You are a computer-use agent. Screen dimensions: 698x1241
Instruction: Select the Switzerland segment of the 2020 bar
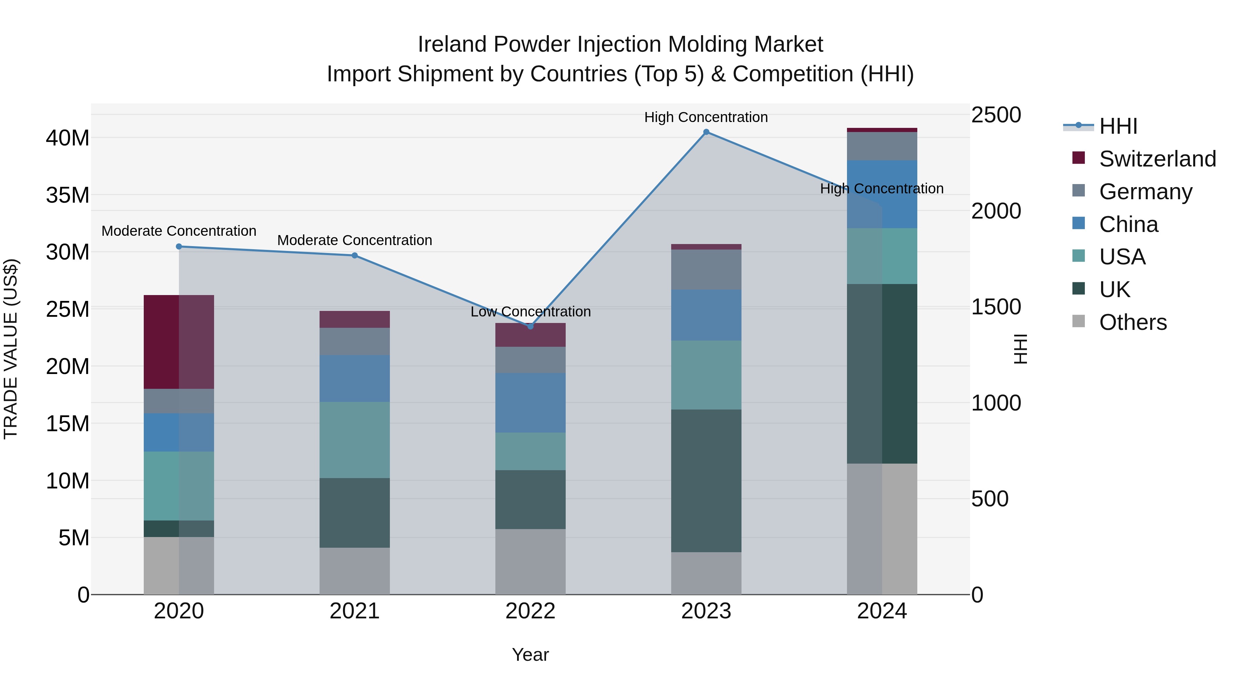tap(179, 342)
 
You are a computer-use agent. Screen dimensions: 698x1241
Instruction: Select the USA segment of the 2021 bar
tap(355, 439)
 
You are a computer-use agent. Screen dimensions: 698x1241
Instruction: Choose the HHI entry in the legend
tap(1118, 126)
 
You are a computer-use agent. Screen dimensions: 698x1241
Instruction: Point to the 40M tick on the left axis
tap(68, 138)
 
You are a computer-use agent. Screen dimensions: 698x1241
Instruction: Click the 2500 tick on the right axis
tap(995, 115)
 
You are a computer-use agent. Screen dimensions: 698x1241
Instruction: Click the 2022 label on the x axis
tap(531, 611)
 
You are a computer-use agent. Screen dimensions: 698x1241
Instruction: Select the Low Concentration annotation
tap(531, 312)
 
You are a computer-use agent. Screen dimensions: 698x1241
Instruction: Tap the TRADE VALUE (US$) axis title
tap(11, 349)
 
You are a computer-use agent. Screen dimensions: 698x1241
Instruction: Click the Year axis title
tap(531, 655)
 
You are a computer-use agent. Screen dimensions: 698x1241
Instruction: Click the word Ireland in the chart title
tap(452, 44)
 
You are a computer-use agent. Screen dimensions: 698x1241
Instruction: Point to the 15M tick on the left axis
tap(68, 424)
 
